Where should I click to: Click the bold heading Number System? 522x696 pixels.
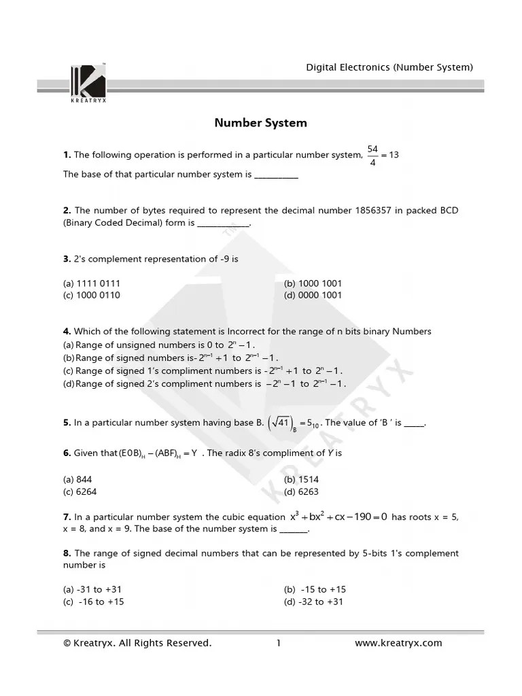click(260, 123)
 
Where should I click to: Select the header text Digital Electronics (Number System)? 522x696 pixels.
click(389, 67)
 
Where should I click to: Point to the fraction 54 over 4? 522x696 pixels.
click(372, 155)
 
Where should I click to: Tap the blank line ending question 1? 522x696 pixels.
click(276, 175)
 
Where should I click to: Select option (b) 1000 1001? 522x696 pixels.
click(313, 283)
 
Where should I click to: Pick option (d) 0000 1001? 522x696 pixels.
click(313, 295)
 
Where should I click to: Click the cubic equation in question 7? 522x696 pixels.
click(338, 517)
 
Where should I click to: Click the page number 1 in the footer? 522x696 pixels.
click(279, 643)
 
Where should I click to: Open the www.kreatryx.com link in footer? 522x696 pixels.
click(398, 643)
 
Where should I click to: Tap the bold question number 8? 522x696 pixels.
click(67, 553)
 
